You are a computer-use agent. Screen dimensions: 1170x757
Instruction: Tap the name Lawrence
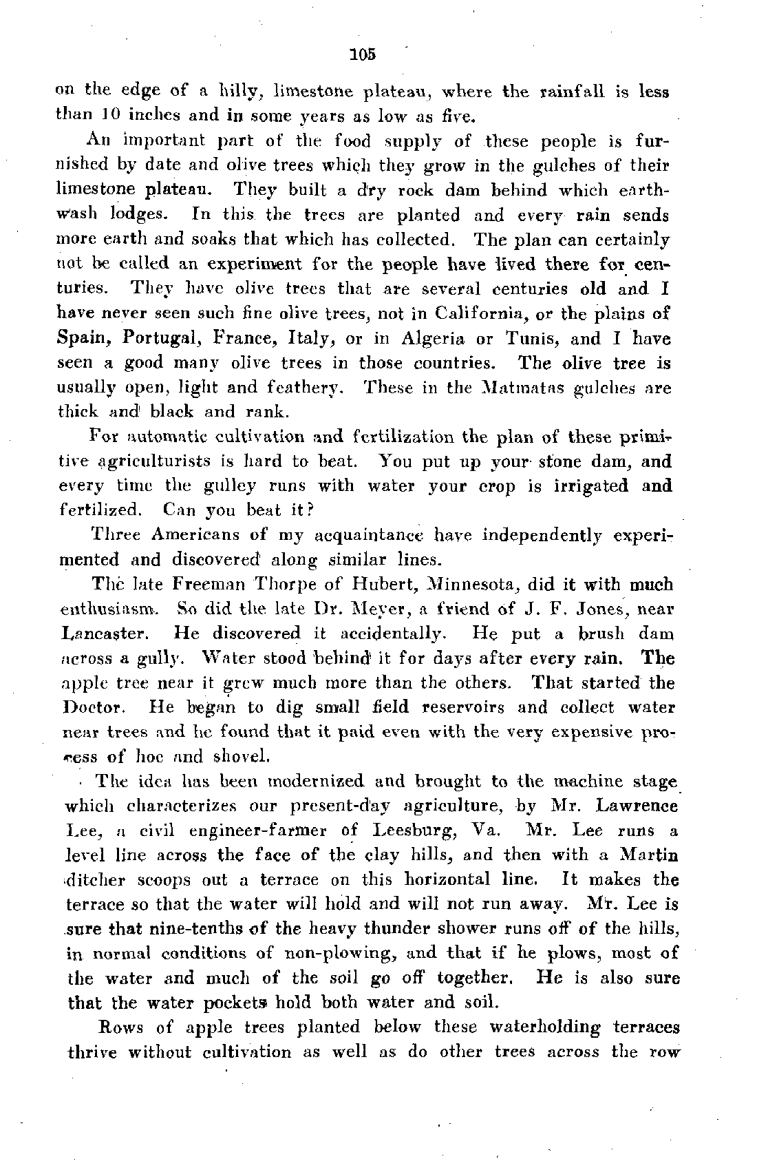(x=635, y=805)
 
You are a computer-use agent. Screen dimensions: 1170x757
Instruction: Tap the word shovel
(x=241, y=757)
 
